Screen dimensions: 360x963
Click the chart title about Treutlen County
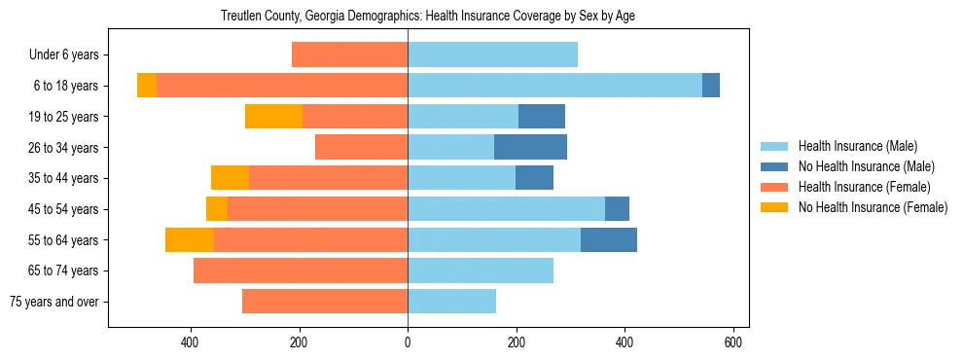click(x=428, y=17)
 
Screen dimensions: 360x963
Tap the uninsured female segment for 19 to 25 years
click(x=273, y=117)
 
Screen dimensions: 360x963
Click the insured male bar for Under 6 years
click(x=492, y=55)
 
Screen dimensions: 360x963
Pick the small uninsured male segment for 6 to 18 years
click(x=711, y=86)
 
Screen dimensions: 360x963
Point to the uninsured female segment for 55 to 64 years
click(x=190, y=240)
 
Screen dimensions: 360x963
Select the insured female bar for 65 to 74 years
click(x=301, y=270)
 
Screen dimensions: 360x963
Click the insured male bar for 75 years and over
click(x=451, y=302)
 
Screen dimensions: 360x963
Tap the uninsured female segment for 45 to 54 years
click(x=217, y=209)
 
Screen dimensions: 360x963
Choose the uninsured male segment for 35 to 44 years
click(x=534, y=178)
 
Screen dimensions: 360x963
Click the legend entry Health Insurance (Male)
click(x=857, y=146)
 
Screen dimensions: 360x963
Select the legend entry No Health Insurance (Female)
click(x=873, y=207)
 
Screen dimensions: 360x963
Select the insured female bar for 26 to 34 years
click(x=361, y=147)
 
